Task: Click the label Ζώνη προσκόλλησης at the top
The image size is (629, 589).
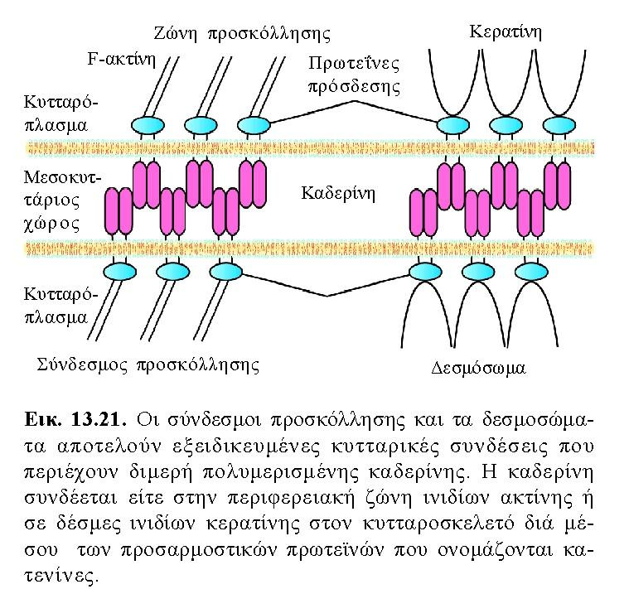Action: [242, 34]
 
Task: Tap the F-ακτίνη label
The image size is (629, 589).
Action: [122, 60]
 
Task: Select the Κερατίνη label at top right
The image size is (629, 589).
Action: [506, 31]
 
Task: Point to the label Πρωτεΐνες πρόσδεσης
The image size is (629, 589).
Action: [355, 75]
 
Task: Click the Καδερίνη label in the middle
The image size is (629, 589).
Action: [338, 194]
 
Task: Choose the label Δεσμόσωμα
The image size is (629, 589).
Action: [478, 368]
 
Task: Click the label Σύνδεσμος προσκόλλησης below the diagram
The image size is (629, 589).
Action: [148, 365]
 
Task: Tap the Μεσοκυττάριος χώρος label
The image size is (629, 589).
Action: [62, 200]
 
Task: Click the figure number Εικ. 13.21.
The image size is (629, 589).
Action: [75, 420]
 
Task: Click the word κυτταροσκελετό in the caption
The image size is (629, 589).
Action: [438, 524]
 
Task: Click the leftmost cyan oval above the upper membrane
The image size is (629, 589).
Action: [148, 125]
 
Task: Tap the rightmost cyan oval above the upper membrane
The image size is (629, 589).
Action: [559, 125]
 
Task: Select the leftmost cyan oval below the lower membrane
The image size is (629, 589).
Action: [119, 272]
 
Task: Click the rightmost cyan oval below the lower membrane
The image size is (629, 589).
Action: [531, 273]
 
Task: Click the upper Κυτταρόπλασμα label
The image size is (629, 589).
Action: [60, 113]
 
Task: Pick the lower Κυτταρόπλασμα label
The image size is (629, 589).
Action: [60, 306]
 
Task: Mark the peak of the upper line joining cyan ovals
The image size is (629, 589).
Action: [354, 101]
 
